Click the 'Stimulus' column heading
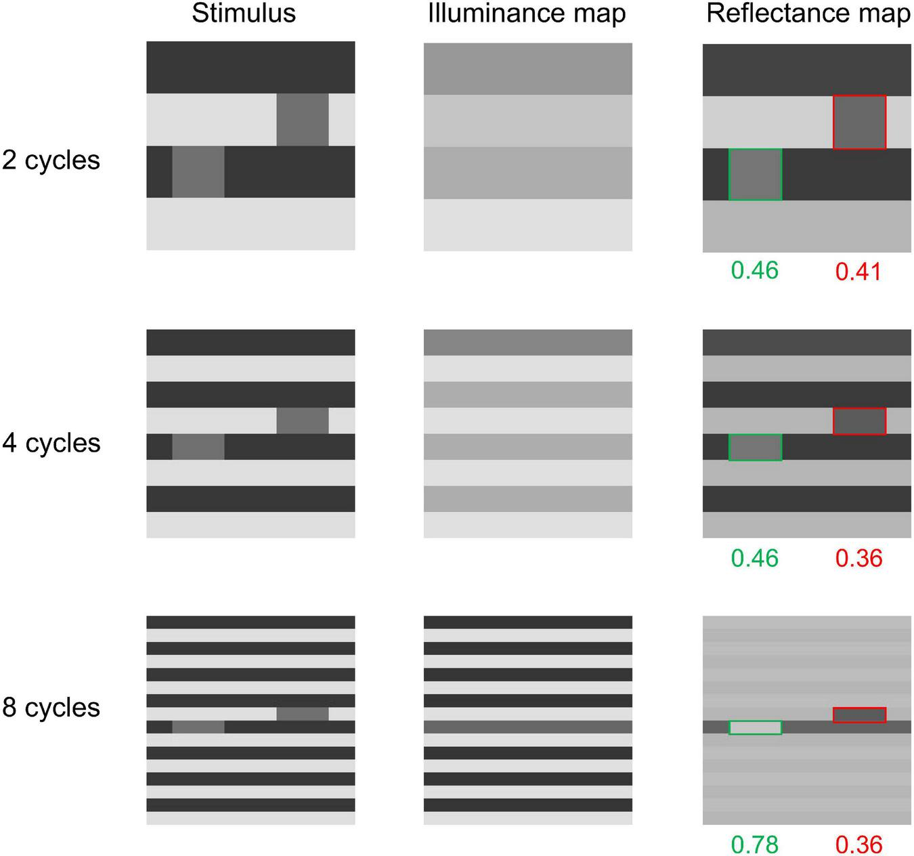(x=244, y=14)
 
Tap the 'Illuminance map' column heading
(x=527, y=14)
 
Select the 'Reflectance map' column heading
(x=808, y=14)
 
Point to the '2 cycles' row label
(x=51, y=160)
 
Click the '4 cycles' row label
(x=51, y=444)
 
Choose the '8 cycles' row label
(x=51, y=708)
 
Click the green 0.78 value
(x=755, y=844)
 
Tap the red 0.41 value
(x=858, y=272)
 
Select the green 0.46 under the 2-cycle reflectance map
(x=755, y=270)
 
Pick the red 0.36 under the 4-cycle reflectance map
(x=858, y=558)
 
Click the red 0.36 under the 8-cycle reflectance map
(x=858, y=844)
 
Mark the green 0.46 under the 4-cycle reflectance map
(x=755, y=558)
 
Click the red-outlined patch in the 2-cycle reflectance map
(x=859, y=122)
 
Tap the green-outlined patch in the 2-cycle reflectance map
(x=755, y=174)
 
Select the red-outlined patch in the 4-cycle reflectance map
(x=859, y=421)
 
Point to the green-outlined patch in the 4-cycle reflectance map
(x=755, y=447)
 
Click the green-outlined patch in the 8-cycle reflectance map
(x=755, y=727)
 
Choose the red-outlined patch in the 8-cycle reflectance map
(x=859, y=714)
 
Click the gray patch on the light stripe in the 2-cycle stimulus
(x=302, y=120)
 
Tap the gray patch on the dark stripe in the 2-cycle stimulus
(x=198, y=172)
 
